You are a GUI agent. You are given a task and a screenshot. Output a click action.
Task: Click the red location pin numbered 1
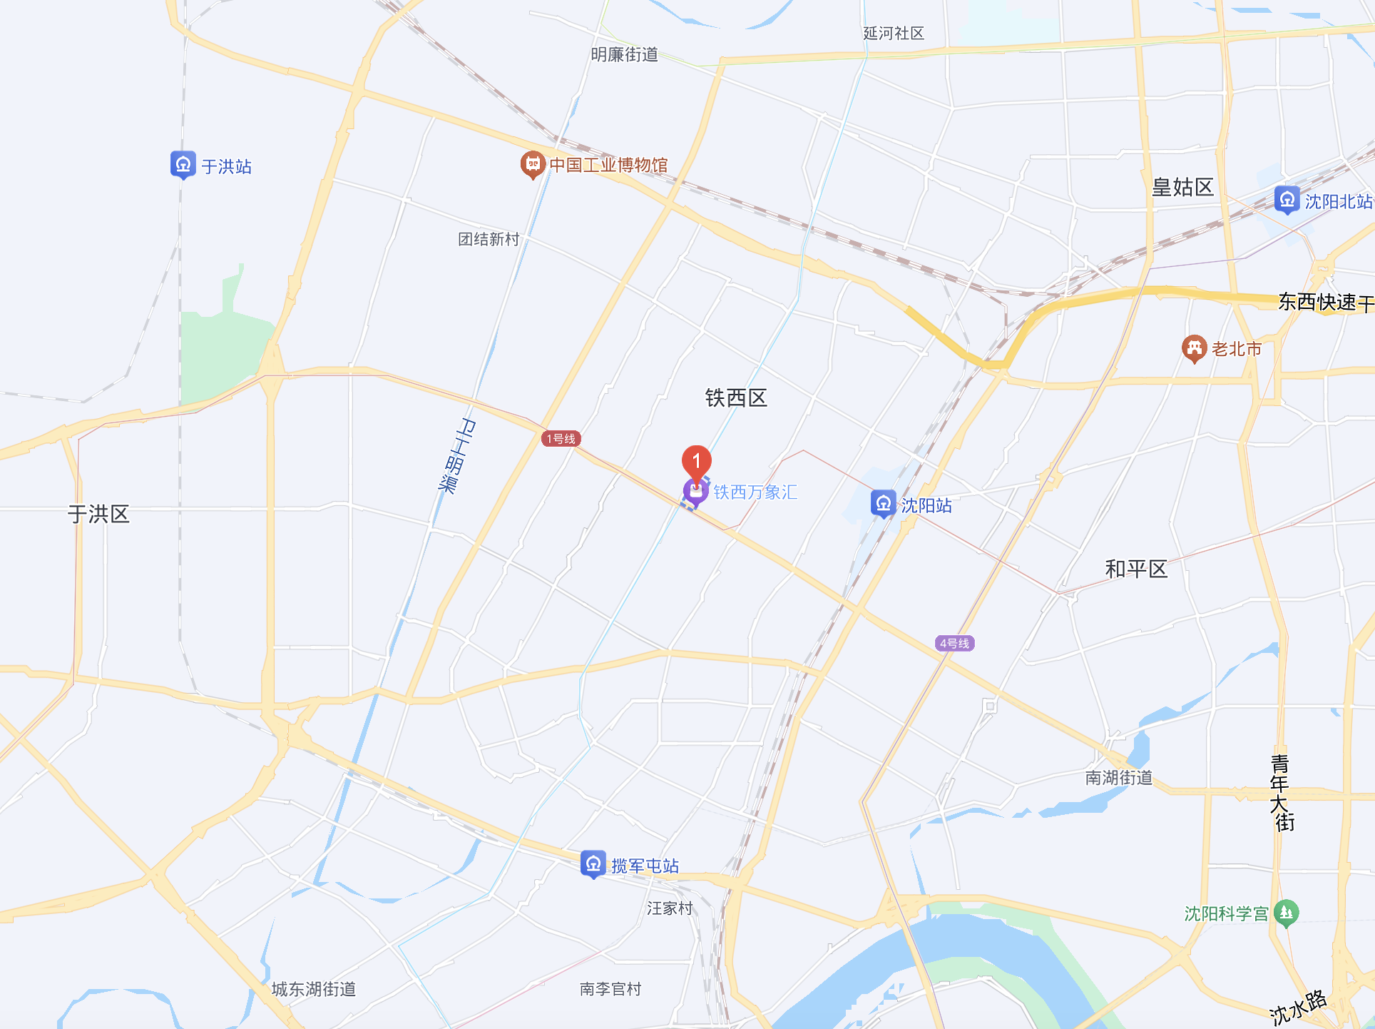click(x=696, y=461)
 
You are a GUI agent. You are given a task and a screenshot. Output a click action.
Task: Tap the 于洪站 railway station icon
click(x=183, y=165)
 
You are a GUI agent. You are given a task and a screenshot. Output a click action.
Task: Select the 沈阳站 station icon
click(x=883, y=504)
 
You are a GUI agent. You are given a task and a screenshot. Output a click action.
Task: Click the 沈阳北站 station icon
click(x=1287, y=201)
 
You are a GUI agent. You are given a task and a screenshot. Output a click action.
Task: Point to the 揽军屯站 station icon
click(x=593, y=864)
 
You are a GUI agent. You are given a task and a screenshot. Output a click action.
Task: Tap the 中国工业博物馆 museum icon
click(x=532, y=165)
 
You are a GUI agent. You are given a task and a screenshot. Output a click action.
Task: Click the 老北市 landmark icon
click(x=1194, y=348)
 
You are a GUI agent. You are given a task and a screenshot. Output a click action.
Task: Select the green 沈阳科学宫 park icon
click(x=1287, y=912)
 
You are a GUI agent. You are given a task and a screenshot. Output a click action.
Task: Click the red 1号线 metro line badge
click(x=561, y=439)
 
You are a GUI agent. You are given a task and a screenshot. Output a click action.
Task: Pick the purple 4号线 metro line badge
click(x=954, y=644)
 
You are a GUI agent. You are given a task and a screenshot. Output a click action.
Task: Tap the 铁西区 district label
click(x=736, y=398)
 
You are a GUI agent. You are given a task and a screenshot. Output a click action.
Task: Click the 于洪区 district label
click(x=98, y=514)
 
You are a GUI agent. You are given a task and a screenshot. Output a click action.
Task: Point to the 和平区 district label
click(x=1136, y=569)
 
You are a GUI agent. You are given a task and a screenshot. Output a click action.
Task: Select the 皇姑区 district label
click(x=1182, y=188)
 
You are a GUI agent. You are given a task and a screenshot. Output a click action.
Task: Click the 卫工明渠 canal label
click(x=457, y=456)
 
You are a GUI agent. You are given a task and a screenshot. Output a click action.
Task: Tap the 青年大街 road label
click(x=1282, y=793)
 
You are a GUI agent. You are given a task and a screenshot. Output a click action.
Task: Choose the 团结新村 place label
click(x=489, y=239)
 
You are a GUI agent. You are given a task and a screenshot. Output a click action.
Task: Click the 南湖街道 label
click(x=1118, y=777)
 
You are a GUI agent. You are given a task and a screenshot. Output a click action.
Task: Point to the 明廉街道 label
click(x=624, y=55)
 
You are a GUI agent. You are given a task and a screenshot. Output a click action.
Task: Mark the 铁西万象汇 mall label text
click(x=755, y=492)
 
